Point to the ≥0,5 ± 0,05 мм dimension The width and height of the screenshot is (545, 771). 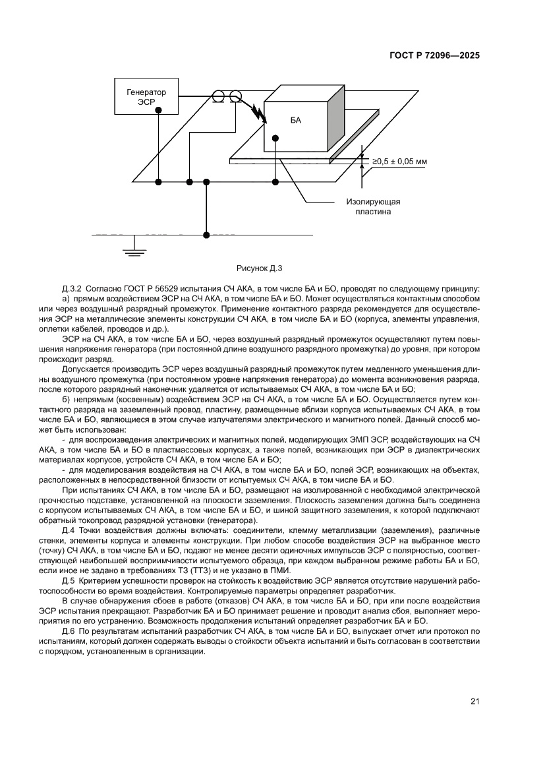tap(399, 161)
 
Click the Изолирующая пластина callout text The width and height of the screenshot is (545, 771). tap(374, 207)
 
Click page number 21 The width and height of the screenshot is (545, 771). tap(474, 701)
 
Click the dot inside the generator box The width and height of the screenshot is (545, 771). tap(158, 111)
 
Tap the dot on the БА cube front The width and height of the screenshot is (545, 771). tap(275, 138)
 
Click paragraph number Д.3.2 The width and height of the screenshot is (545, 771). tap(71, 290)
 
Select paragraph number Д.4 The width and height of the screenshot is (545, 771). tap(68, 531)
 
